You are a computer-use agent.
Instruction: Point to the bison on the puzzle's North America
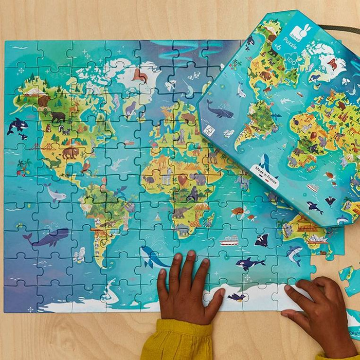coord(70,152)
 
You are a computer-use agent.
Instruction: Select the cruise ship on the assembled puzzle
coord(230,240)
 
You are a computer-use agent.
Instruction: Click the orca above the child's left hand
coord(248,264)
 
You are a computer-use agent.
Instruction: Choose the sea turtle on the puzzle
coord(238,211)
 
